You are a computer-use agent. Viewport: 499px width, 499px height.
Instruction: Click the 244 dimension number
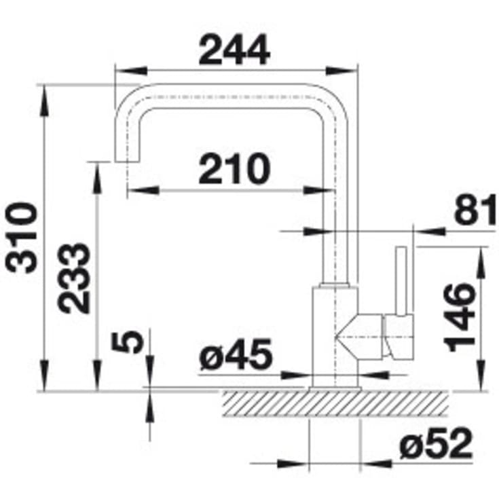coord(234,50)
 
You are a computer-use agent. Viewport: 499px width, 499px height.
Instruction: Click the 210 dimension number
coord(234,168)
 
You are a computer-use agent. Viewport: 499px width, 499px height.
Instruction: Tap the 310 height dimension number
coord(21,238)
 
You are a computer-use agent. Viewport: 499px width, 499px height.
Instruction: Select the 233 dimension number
coord(74,278)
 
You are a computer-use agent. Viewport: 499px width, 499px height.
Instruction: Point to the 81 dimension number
coord(475,210)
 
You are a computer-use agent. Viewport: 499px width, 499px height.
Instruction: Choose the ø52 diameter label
coord(436,443)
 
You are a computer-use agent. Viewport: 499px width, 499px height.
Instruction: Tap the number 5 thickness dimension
coord(128,341)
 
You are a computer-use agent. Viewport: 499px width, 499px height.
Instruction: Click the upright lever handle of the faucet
coord(401,281)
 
